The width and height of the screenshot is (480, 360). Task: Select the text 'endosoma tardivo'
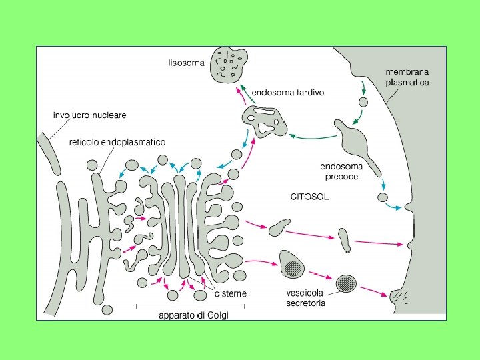(288, 93)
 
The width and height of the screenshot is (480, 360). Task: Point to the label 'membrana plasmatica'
(407, 77)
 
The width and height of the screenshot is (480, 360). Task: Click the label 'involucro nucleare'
(89, 115)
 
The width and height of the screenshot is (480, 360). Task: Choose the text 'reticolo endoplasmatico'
(118, 142)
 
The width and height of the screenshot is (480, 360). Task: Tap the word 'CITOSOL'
(309, 197)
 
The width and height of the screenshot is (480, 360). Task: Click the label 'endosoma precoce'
(341, 171)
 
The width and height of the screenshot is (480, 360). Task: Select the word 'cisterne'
(231, 293)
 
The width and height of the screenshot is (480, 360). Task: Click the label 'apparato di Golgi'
(193, 315)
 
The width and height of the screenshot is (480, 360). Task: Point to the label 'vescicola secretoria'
(306, 298)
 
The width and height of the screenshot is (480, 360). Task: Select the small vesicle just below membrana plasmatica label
(363, 103)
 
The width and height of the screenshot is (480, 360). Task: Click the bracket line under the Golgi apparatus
(191, 307)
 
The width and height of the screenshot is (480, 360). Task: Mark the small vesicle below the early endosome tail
(383, 197)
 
